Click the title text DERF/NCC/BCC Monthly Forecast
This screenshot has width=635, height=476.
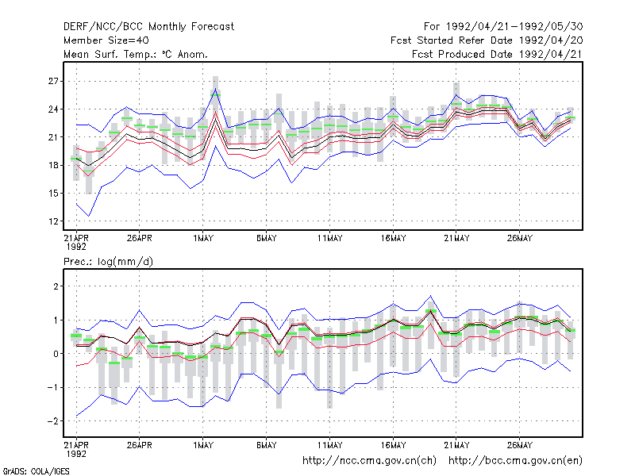[148, 27]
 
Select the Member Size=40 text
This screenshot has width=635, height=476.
[106, 40]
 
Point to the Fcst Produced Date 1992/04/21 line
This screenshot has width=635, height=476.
[497, 54]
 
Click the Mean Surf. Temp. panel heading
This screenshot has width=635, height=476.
[135, 54]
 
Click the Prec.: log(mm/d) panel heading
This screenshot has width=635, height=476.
[108, 262]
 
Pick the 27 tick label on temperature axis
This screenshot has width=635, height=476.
[53, 82]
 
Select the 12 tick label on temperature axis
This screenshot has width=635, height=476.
[53, 221]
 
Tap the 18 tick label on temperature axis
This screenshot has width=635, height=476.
[53, 165]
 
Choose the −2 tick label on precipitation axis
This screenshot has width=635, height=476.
[52, 421]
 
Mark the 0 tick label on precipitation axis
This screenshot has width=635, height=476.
[56, 354]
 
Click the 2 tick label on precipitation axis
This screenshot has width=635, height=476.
[56, 286]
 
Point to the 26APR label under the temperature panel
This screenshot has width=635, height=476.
[140, 239]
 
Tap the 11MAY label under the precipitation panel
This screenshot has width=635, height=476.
[329, 445]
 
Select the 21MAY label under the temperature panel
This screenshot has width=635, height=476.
[456, 239]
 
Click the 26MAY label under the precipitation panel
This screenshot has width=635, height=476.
[520, 445]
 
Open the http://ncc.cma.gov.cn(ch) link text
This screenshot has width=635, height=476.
[369, 461]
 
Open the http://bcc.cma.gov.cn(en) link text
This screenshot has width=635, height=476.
[515, 461]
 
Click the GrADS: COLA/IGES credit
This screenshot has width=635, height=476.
[36, 471]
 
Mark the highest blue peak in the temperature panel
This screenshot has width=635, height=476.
[215, 89]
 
